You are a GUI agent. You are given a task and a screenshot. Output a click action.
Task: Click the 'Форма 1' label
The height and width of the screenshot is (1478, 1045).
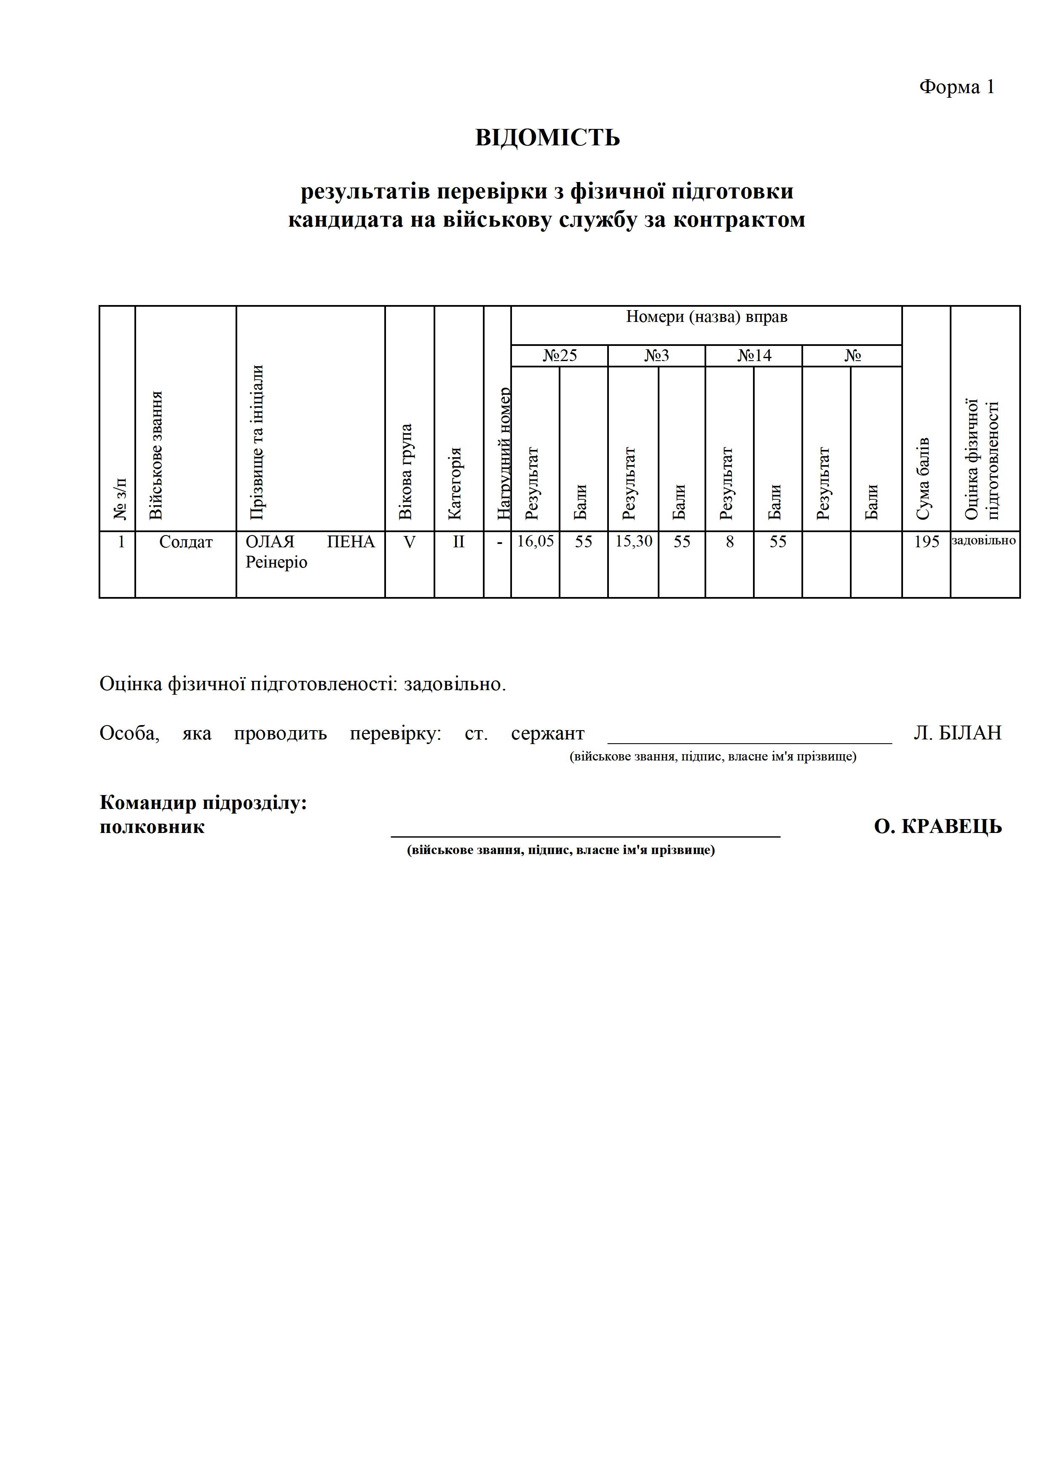pyautogui.click(x=956, y=87)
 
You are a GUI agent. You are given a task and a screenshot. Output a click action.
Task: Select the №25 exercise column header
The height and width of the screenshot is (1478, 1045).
pyautogui.click(x=560, y=356)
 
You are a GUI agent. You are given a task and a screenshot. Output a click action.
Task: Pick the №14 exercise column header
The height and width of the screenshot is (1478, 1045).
pyautogui.click(x=754, y=356)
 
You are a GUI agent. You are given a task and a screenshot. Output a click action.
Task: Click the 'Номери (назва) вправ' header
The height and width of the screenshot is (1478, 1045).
pyautogui.click(x=706, y=317)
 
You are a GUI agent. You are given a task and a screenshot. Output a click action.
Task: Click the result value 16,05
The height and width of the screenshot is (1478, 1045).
pyautogui.click(x=535, y=541)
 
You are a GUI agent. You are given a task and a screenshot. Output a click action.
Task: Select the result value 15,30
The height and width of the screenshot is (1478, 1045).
pyautogui.click(x=634, y=541)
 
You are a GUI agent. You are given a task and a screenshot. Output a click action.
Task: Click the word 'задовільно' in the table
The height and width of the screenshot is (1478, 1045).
pyautogui.click(x=984, y=541)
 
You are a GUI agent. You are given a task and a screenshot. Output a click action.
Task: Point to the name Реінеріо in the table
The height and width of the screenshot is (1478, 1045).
pyautogui.click(x=276, y=562)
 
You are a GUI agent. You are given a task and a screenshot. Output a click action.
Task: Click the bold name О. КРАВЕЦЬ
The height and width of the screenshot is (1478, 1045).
pyautogui.click(x=938, y=827)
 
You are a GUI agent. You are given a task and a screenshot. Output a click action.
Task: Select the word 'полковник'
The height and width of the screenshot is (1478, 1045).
pyautogui.click(x=152, y=827)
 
